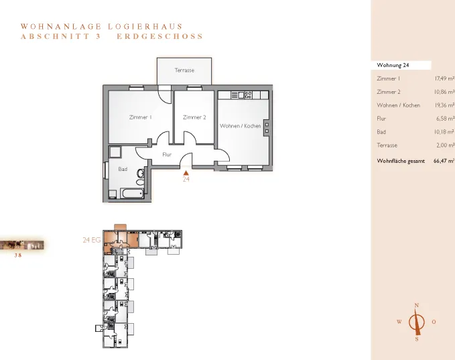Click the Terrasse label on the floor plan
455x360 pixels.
(x=184, y=70)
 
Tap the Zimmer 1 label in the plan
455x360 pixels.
(x=141, y=117)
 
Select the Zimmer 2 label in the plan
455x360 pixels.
(x=194, y=117)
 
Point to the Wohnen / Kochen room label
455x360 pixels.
(x=241, y=126)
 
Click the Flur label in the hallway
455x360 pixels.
(x=167, y=155)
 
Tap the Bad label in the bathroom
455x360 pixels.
(x=123, y=169)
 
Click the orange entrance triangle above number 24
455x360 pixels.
(x=186, y=173)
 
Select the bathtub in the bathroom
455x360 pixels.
(x=132, y=193)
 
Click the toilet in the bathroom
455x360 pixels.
(x=141, y=174)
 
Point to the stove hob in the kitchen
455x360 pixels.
(x=249, y=95)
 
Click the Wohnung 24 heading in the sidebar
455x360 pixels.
(x=393, y=65)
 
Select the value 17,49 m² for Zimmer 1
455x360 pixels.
(x=444, y=78)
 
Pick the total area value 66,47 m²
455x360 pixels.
(x=444, y=161)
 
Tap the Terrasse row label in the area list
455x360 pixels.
(x=387, y=145)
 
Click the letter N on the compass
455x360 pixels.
(x=417, y=306)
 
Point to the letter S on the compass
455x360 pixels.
(x=417, y=339)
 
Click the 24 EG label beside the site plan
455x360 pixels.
(x=92, y=240)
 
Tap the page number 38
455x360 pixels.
(x=18, y=255)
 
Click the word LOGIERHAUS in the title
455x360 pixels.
(x=145, y=27)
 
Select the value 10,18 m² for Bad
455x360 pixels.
(x=444, y=132)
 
